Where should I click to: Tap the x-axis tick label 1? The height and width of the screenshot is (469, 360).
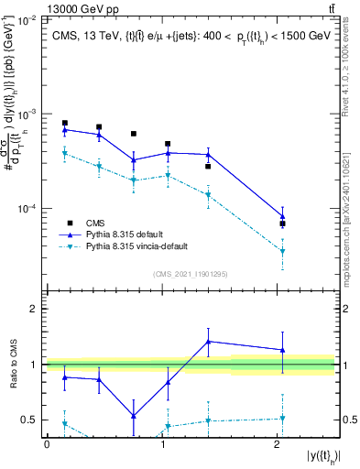click(x=162, y=444)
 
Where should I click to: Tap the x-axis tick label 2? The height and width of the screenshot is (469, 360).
click(x=278, y=444)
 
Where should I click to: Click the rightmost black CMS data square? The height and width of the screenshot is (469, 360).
click(x=282, y=224)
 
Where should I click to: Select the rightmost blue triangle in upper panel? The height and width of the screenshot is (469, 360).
click(x=282, y=217)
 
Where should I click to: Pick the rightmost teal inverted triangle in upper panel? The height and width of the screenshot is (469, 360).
click(x=282, y=251)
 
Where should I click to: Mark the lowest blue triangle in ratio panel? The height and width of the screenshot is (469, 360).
click(x=134, y=416)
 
